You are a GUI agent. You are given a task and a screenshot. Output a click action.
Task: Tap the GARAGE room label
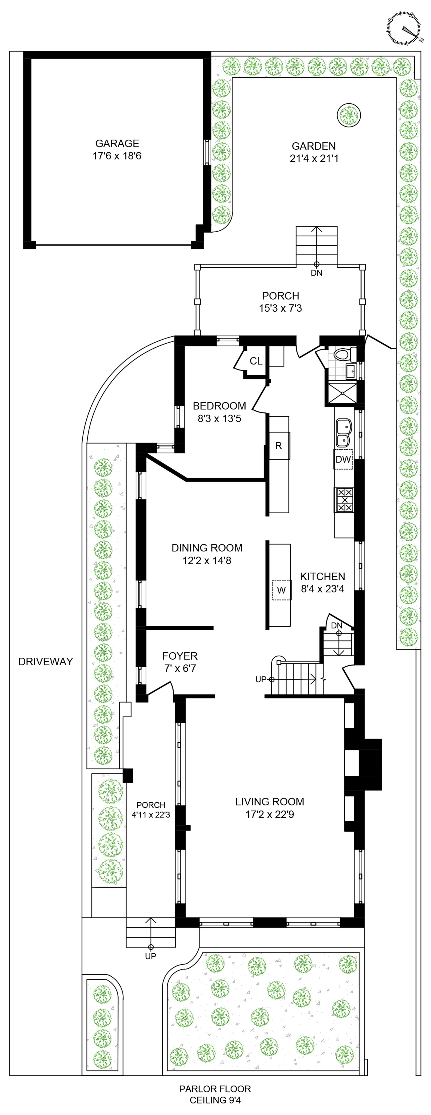tap(117, 143)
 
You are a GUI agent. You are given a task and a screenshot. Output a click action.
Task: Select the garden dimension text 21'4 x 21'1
tap(314, 158)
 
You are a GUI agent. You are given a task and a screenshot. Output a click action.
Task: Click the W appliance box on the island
tap(281, 590)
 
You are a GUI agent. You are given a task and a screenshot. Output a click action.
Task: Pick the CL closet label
tap(256, 361)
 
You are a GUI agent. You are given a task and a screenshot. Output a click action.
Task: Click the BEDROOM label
tap(219, 406)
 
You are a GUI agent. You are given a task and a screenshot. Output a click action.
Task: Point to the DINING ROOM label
tap(207, 547)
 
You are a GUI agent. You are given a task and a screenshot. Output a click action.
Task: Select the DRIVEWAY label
tap(45, 661)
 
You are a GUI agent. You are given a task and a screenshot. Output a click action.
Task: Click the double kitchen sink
tap(344, 433)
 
